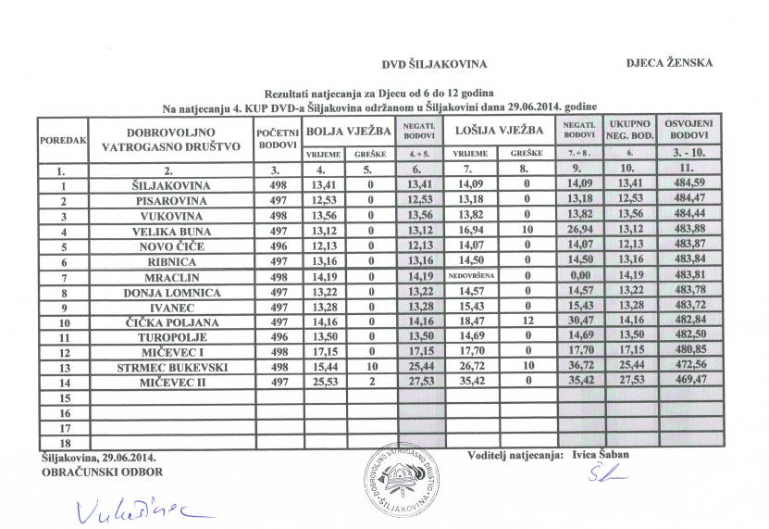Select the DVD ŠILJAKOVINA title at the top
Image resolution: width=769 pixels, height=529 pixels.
point(434,64)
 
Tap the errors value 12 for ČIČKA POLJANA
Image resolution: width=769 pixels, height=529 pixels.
point(526,321)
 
